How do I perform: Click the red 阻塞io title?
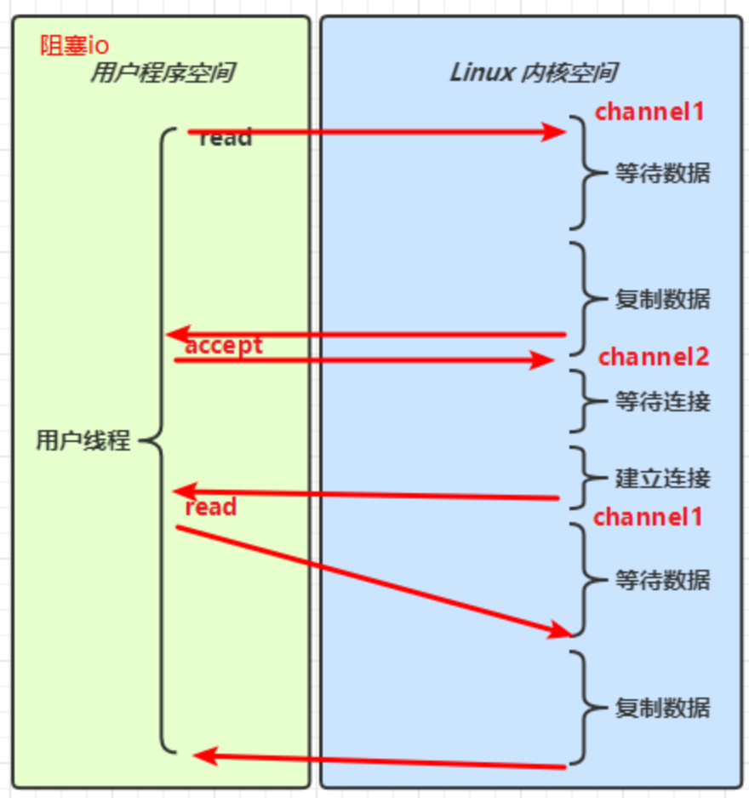click(x=74, y=46)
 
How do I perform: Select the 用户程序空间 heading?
click(x=162, y=73)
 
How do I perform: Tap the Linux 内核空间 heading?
click(x=533, y=73)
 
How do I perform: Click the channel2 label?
click(x=654, y=357)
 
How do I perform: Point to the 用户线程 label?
click(x=83, y=440)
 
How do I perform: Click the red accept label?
click(x=224, y=345)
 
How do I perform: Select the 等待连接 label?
click(x=662, y=401)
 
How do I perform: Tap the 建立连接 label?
click(x=662, y=478)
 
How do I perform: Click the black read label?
click(x=226, y=138)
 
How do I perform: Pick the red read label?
click(x=210, y=507)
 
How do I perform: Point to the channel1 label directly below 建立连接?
click(x=648, y=516)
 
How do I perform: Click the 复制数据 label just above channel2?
click(x=662, y=299)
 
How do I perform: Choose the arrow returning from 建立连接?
click(x=366, y=495)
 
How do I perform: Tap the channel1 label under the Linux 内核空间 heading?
click(x=649, y=112)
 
